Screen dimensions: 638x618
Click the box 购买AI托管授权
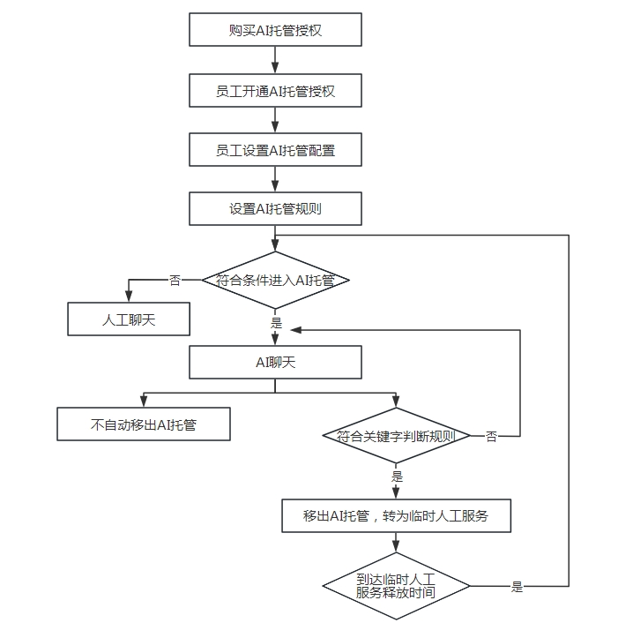pyautogui.click(x=275, y=30)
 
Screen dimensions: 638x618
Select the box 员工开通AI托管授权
pyautogui.click(x=275, y=90)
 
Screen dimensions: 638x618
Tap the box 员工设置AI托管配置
pyautogui.click(x=275, y=150)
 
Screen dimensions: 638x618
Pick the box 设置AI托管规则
pyautogui.click(x=275, y=209)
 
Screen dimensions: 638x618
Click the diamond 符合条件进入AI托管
pyautogui.click(x=275, y=281)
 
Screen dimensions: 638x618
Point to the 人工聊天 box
pyautogui.click(x=129, y=319)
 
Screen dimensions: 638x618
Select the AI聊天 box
pyautogui.click(x=275, y=362)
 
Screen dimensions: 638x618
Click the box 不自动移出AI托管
pyautogui.click(x=143, y=424)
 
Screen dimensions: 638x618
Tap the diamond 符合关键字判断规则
pyautogui.click(x=396, y=436)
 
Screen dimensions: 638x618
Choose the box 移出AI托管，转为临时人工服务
pyautogui.click(x=396, y=516)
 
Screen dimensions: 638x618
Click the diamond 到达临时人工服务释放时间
pyautogui.click(x=396, y=585)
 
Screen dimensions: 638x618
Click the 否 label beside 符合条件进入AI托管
pyautogui.click(x=175, y=281)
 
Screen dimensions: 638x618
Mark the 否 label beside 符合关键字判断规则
pyautogui.click(x=491, y=437)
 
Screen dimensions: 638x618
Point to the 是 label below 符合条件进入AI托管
pyautogui.click(x=275, y=323)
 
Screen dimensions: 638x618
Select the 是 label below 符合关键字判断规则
pyautogui.click(x=396, y=477)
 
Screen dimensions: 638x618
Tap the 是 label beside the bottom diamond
pyautogui.click(x=517, y=587)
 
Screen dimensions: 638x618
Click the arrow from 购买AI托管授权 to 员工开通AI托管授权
pyautogui.click(x=275, y=60)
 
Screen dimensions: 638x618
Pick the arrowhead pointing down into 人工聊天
pyautogui.click(x=129, y=297)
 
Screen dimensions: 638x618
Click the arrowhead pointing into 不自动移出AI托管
pyautogui.click(x=143, y=402)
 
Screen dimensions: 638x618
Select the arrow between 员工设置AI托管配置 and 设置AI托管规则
pyautogui.click(x=275, y=179)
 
